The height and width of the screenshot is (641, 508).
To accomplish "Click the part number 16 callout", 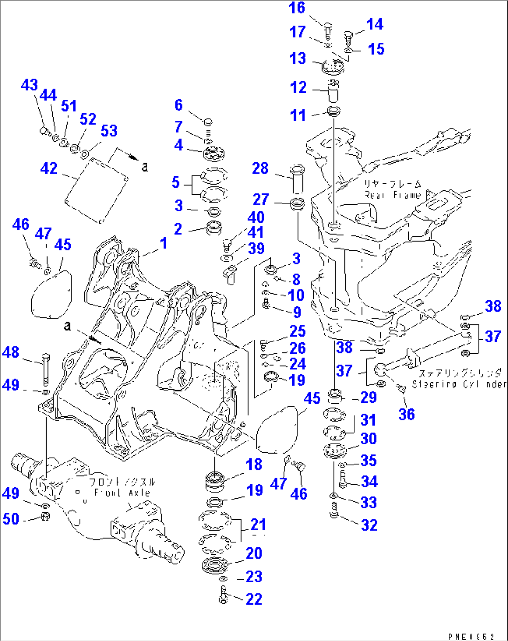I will click(x=297, y=8).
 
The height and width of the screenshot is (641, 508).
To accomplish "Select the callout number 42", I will click(x=49, y=168).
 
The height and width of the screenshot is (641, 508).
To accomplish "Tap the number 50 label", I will click(x=11, y=519).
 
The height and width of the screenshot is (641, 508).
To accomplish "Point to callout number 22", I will click(x=254, y=599).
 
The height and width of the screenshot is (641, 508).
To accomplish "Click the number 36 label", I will click(x=406, y=414).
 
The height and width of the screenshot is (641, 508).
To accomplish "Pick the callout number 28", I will click(x=260, y=168).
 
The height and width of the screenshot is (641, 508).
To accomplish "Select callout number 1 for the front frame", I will click(x=163, y=243).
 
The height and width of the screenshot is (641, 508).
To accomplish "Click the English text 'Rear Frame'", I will click(x=392, y=195).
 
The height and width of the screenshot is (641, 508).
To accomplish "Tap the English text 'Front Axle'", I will click(x=122, y=493).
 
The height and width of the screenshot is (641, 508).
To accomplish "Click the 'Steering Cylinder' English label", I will click(x=459, y=384).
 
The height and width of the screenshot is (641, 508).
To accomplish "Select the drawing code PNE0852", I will click(x=471, y=636).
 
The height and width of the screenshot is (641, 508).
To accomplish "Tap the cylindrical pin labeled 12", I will click(x=333, y=91).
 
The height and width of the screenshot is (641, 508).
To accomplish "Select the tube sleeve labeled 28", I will click(x=297, y=179).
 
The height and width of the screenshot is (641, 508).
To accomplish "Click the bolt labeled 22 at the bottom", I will click(x=223, y=595).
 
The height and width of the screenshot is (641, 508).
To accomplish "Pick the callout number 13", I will click(x=298, y=59).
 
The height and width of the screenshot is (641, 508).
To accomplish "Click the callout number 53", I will click(x=109, y=131).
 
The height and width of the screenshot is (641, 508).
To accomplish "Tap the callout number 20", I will click(x=254, y=553).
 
